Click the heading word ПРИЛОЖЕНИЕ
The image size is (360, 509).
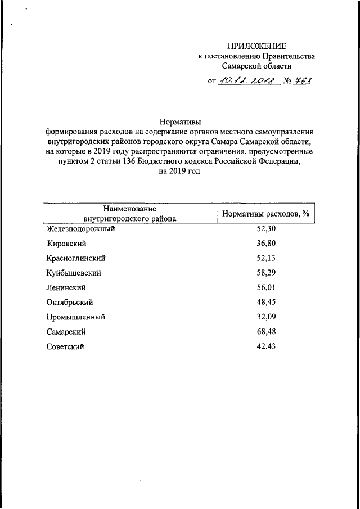pyautogui.click(x=256, y=46)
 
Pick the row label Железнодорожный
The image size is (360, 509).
pyautogui.click(x=80, y=229)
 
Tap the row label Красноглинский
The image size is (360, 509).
pyautogui.click(x=76, y=258)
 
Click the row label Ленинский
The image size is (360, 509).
pyautogui.click(x=66, y=287)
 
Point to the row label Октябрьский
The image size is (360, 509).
pyautogui.click(x=69, y=302)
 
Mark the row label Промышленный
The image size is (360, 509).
pyautogui.click(x=76, y=317)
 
